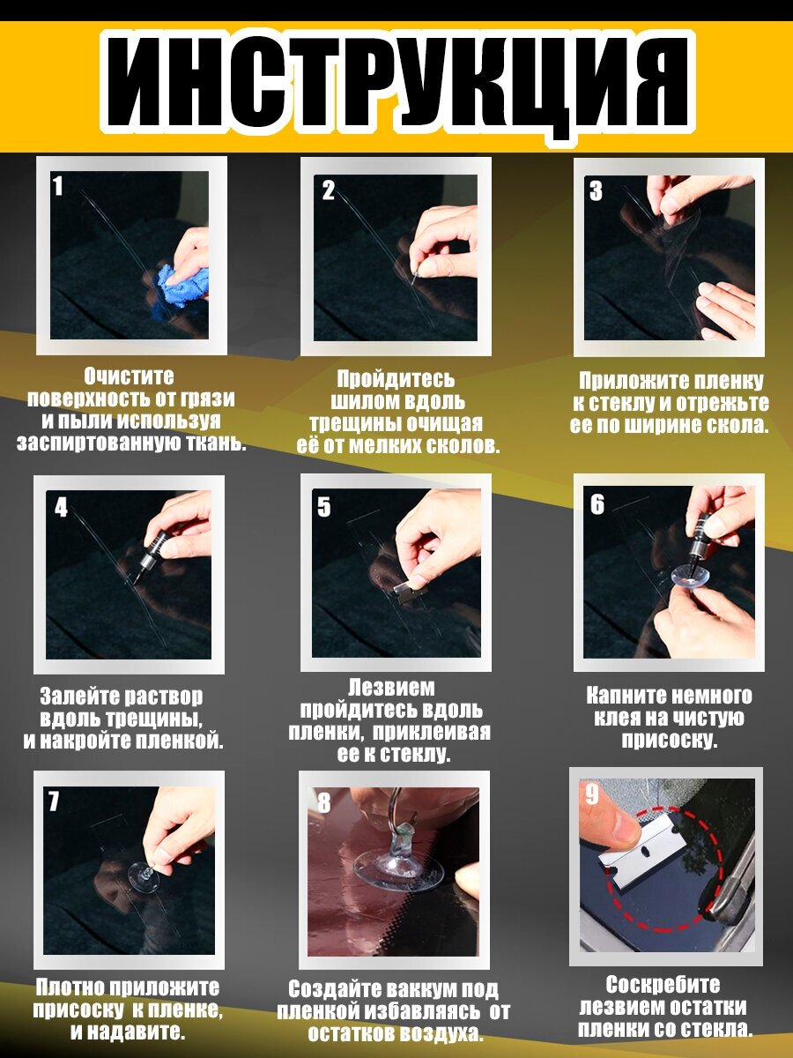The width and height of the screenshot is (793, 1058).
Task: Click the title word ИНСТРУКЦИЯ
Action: coord(397,82)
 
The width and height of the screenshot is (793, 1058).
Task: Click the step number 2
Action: coord(328,190)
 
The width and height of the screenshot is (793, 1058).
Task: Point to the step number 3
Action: coord(597,190)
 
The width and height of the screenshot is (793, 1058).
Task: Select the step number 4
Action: coord(61,507)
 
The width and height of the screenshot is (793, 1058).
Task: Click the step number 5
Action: coord(324,507)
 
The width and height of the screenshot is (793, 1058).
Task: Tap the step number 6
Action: coord(597,504)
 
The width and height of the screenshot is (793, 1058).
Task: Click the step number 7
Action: coord(53,801)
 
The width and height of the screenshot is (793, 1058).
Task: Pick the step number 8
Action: coord(324,803)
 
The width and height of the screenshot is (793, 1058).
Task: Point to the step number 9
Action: coord(592,793)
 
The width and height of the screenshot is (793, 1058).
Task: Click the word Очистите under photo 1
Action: coord(129,376)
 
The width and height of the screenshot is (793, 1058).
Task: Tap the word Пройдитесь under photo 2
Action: coord(396,379)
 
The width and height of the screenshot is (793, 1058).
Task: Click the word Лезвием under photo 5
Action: coord(391,689)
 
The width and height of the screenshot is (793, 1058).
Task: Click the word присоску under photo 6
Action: coord(670,740)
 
